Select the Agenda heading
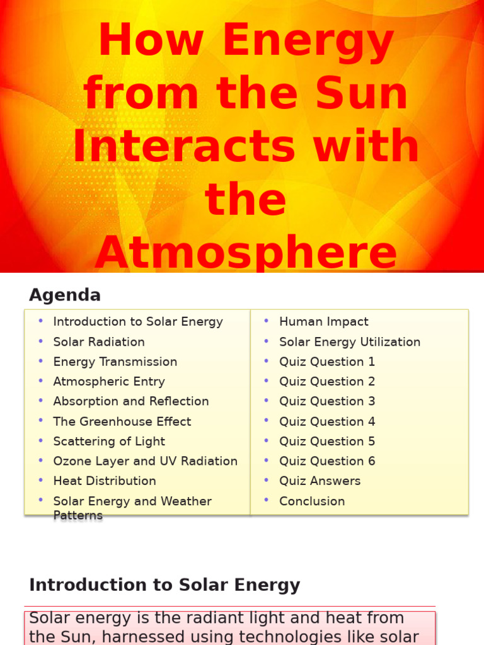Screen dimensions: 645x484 tap(65, 295)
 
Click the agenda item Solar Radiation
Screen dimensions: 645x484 tap(99, 342)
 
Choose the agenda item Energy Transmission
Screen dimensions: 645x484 tap(115, 362)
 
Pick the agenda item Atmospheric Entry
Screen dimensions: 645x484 tap(109, 382)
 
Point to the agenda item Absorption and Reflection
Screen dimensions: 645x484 tap(130, 401)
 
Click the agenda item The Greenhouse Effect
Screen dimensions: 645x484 tap(122, 421)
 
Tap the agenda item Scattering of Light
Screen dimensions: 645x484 tap(109, 442)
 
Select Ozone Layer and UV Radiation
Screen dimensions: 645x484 tap(145, 461)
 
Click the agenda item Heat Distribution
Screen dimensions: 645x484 tap(105, 481)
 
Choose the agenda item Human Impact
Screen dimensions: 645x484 tap(324, 322)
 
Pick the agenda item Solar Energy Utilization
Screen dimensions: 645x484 tap(350, 342)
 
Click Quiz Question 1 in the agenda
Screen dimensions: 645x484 tap(327, 362)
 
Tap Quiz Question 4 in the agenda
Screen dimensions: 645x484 tap(327, 421)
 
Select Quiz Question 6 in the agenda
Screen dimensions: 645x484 tap(327, 461)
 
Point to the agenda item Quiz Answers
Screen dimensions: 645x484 tap(320, 481)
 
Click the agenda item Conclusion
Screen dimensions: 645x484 tap(312, 501)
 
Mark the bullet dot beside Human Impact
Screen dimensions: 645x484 tap(267, 321)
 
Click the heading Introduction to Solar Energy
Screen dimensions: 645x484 tap(164, 585)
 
